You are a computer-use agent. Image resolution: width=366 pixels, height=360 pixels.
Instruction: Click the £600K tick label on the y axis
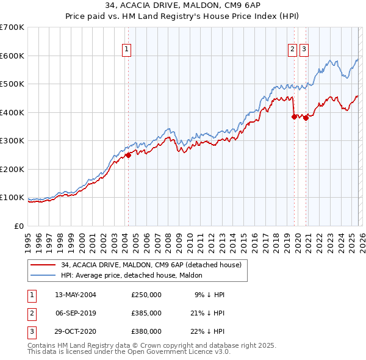tap(12, 56)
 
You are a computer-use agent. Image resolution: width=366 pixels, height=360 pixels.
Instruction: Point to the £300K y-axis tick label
tap(12, 140)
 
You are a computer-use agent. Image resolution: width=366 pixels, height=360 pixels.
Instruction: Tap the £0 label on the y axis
tap(20, 226)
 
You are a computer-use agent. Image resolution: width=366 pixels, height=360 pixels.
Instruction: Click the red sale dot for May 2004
tap(129, 155)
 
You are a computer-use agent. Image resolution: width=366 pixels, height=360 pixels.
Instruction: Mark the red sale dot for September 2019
tap(294, 117)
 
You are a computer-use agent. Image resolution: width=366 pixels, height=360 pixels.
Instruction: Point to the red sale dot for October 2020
tap(306, 118)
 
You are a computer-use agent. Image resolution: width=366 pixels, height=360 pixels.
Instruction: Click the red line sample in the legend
tap(44, 265)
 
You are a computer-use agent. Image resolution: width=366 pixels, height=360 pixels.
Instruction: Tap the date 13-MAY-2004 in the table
tap(75, 295)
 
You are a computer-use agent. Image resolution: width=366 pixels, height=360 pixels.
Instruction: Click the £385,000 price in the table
tap(146, 313)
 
